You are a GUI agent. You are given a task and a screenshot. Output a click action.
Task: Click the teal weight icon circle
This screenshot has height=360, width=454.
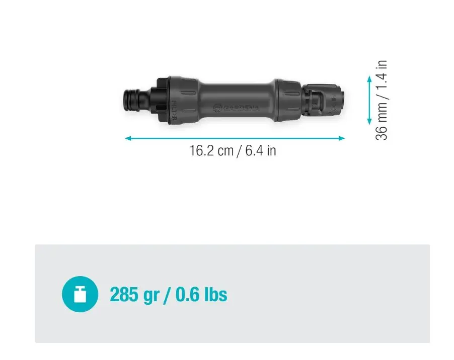[80, 294]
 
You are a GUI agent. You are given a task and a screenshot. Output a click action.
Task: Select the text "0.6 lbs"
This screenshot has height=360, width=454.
[201, 294]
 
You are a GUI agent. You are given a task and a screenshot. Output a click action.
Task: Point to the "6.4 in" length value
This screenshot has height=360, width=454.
[260, 151]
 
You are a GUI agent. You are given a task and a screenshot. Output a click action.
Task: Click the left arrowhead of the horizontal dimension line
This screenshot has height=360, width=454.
[128, 138]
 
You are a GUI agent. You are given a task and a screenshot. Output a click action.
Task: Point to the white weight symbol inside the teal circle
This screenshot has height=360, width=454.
[80, 295]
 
